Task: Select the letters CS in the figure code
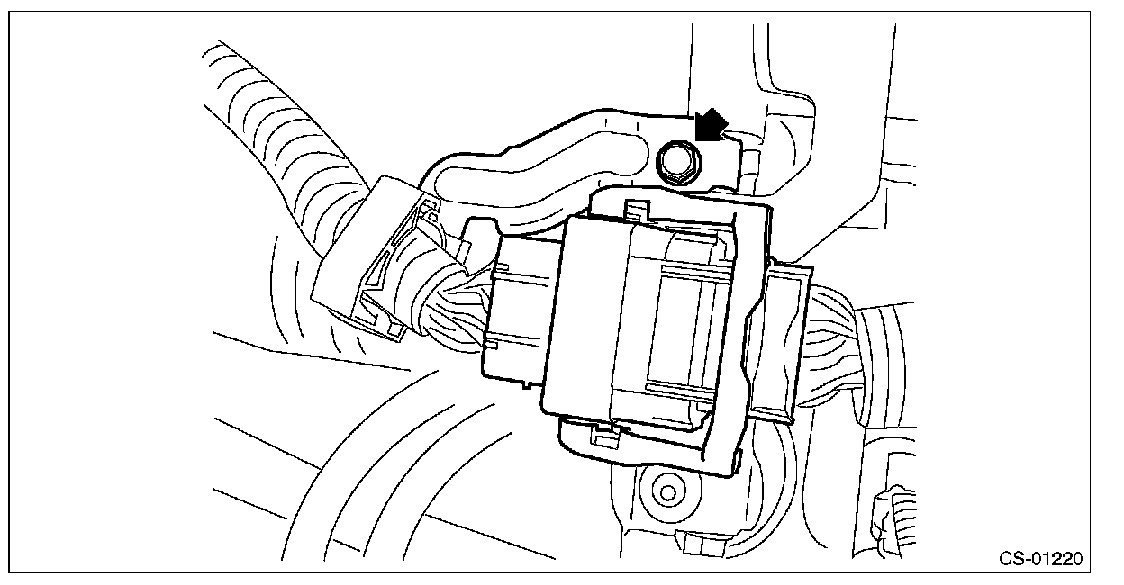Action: coord(1011,558)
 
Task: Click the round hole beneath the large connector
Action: coord(666,491)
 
